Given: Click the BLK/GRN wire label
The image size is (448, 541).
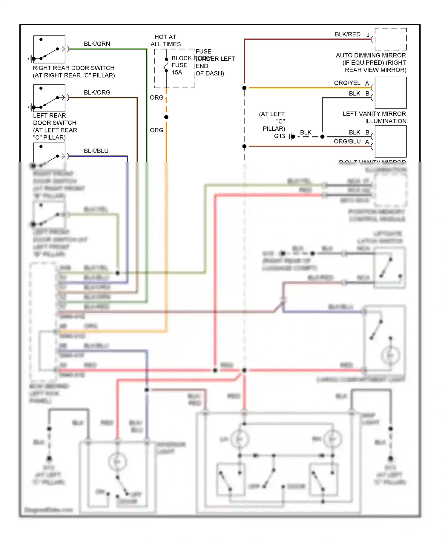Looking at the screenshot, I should (x=97, y=44).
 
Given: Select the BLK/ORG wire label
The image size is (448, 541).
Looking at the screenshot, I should (x=97, y=92).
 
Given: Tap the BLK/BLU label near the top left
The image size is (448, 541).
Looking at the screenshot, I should (x=96, y=151).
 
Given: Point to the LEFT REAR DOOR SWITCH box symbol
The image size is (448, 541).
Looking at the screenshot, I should (x=49, y=98).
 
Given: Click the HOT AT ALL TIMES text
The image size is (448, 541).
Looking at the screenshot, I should (x=165, y=41).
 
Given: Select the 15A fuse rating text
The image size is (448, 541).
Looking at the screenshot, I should (x=177, y=72).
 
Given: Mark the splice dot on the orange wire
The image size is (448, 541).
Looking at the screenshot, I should (x=166, y=117).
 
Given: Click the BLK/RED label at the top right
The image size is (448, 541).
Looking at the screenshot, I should (x=347, y=34).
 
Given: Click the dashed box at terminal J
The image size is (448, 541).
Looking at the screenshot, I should (x=391, y=39).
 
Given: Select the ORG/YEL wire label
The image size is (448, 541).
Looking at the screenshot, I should (x=347, y=83).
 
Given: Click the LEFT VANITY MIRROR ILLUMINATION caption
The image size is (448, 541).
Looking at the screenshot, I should (x=374, y=118).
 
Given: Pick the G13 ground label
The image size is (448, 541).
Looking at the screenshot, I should (x=280, y=136).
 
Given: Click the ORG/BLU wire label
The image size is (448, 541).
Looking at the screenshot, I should (x=347, y=141).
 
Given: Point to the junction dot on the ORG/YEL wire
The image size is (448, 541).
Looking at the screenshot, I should (x=244, y=88).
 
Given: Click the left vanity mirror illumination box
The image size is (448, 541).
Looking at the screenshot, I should (x=391, y=93).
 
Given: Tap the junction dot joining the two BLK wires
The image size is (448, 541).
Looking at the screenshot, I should (x=322, y=137).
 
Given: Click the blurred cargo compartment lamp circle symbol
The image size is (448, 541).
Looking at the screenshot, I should (x=390, y=355).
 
